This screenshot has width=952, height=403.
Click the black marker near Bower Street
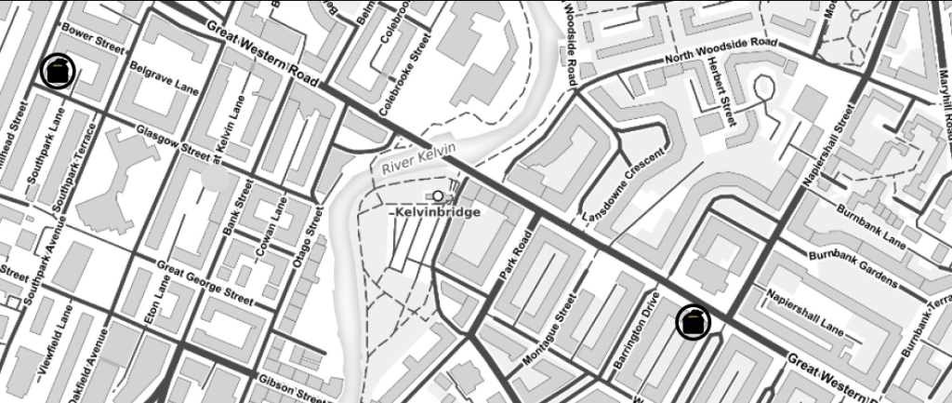pos(58,72)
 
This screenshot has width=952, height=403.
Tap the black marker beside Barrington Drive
pos(693,322)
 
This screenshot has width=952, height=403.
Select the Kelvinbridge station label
pos(435,213)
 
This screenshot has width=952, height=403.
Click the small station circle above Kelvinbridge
pos(437,195)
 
